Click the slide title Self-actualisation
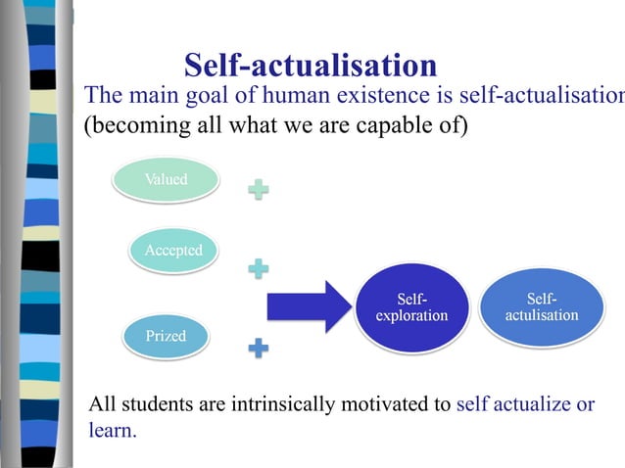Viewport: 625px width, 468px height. tap(310, 66)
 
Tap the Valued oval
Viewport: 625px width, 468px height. tap(166, 180)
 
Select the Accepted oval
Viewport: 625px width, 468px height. tap(173, 251)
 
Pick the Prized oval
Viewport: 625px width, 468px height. tap(166, 337)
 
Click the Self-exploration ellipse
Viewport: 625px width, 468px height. tap(411, 306)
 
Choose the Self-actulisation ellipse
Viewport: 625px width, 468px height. tap(541, 306)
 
